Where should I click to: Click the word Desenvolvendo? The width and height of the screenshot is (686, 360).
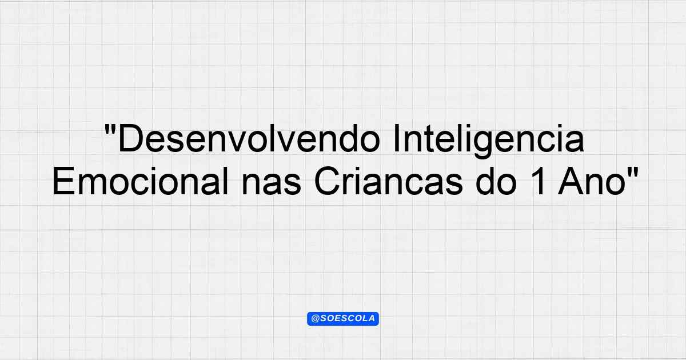click(249, 138)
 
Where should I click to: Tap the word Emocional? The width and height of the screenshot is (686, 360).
click(140, 181)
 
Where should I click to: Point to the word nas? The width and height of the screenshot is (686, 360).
click(272, 185)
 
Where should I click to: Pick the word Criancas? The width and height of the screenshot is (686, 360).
click(388, 181)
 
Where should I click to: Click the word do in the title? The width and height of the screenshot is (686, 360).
click(496, 181)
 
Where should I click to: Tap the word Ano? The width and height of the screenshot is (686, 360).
click(592, 181)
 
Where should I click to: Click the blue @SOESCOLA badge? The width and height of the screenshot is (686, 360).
click(343, 319)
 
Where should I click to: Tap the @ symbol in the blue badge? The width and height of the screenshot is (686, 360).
click(316, 319)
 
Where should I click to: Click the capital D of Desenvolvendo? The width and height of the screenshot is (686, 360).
click(130, 138)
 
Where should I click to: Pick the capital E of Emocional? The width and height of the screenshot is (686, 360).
click(63, 181)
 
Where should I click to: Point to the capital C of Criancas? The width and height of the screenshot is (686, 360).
click(327, 181)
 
